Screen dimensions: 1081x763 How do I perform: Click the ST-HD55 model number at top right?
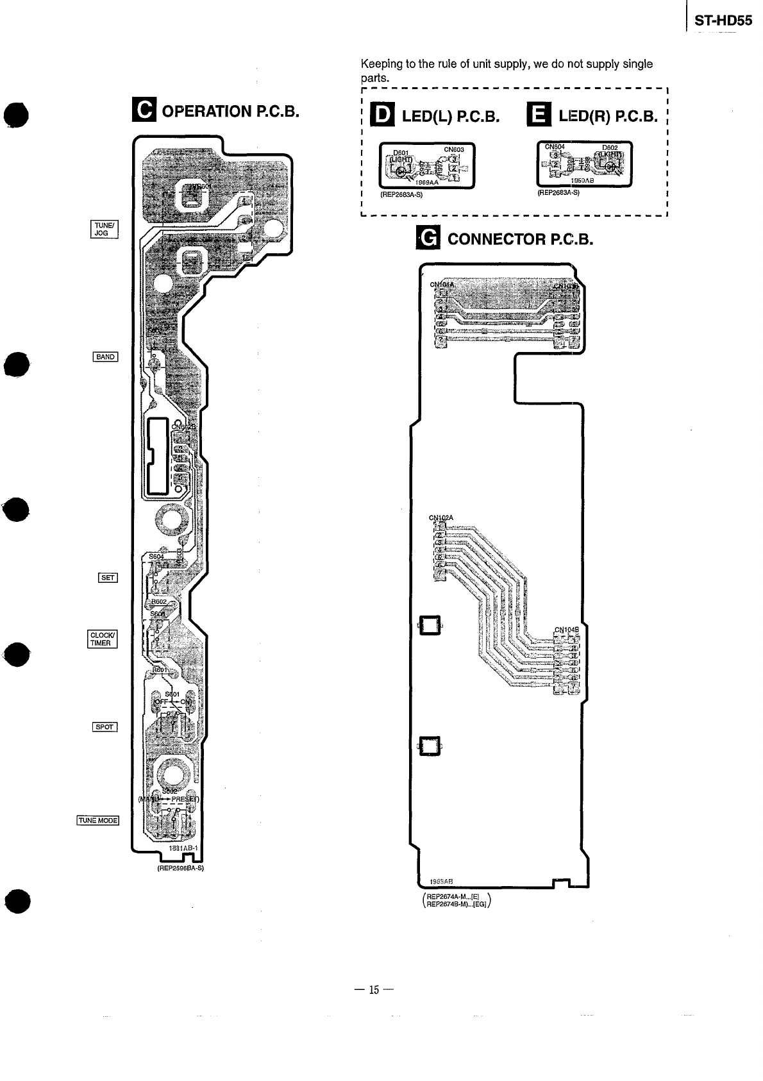tap(723, 21)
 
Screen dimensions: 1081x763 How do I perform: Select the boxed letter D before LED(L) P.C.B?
tap(384, 115)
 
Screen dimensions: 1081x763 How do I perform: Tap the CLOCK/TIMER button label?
tap(102, 639)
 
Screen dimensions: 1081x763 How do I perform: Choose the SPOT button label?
tap(105, 726)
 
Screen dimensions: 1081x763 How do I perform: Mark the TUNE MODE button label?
tap(98, 820)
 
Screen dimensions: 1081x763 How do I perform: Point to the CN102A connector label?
tap(440, 517)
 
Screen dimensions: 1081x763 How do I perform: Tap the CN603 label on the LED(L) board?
tap(453, 149)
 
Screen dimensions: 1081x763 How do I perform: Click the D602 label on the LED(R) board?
tap(609, 147)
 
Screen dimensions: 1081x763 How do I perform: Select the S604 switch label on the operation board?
tap(156, 556)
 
